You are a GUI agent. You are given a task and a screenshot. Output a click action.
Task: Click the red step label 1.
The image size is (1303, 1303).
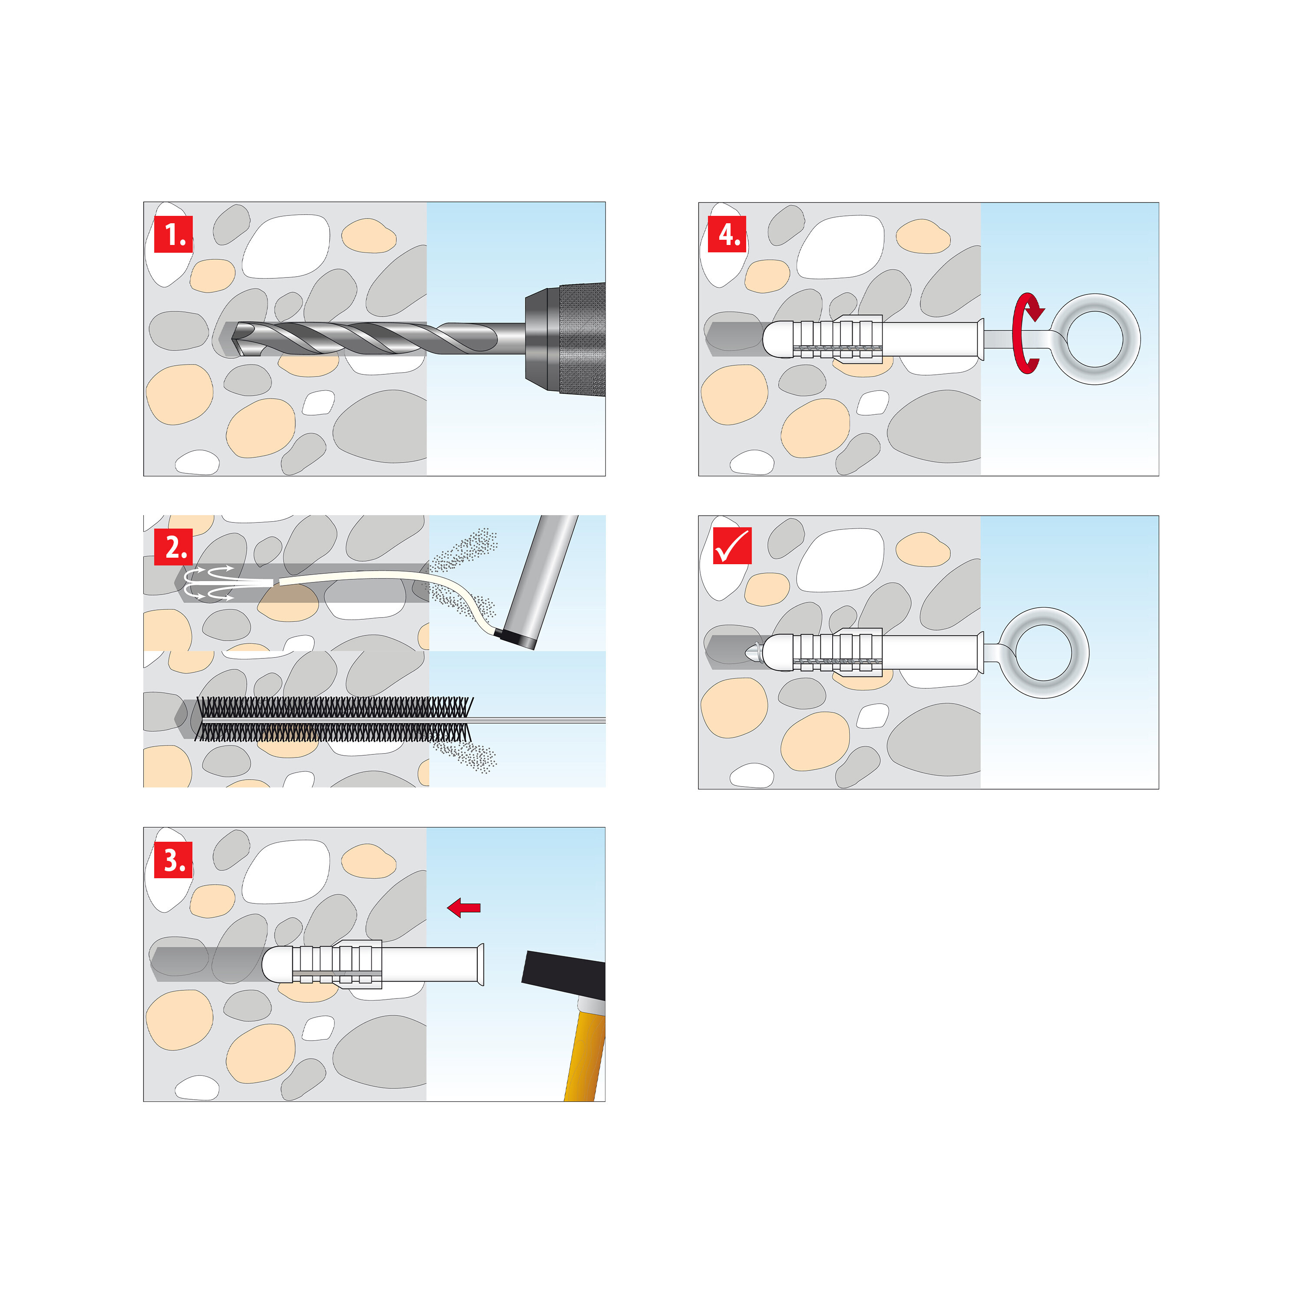click(173, 234)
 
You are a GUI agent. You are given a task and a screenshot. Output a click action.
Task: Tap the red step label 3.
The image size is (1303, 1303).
click(173, 860)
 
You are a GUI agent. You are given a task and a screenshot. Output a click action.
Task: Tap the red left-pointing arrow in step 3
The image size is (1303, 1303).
click(464, 908)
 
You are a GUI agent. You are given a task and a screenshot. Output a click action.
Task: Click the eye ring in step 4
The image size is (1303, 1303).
click(1095, 339)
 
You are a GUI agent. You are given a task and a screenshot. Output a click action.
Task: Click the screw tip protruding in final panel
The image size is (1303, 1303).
click(752, 653)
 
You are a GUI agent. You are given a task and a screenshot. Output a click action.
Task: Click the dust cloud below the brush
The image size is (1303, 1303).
click(465, 756)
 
